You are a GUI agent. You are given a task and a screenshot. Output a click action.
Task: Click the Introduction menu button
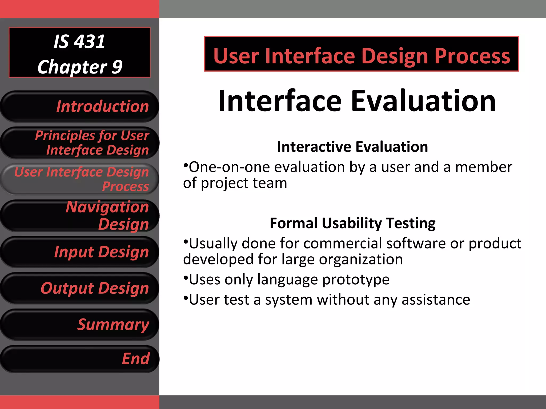point(79,107)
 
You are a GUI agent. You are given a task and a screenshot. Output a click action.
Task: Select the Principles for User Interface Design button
point(79,143)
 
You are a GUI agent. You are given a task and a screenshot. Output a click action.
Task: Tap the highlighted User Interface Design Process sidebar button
point(79,179)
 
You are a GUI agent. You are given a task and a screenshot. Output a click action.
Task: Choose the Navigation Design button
point(79,215)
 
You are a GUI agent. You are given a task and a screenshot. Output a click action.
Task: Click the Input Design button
point(79,252)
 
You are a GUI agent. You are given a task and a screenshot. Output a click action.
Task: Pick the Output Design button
point(79,288)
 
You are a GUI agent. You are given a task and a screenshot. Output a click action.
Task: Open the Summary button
point(79,325)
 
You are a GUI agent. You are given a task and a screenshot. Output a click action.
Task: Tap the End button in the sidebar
point(79,359)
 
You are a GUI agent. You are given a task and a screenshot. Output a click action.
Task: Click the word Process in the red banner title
point(472,56)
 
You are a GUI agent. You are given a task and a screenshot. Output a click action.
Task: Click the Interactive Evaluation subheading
point(352,147)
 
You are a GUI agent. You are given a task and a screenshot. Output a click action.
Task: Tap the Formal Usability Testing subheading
point(352,223)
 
